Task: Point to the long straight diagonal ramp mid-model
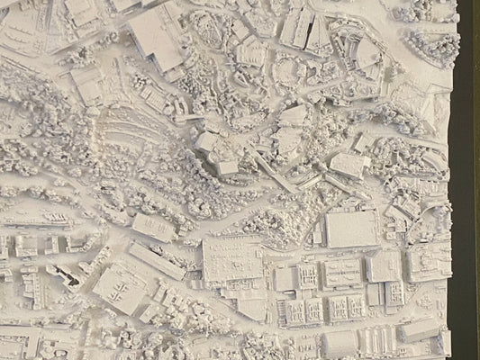click(270, 166)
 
